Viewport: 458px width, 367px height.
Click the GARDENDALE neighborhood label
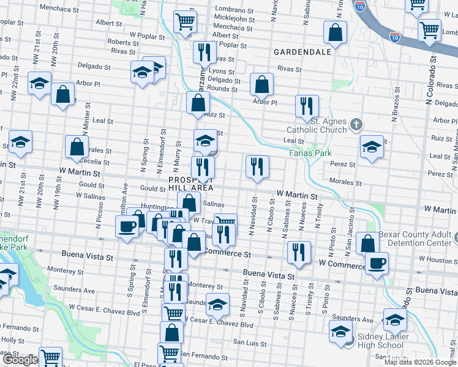[302, 52]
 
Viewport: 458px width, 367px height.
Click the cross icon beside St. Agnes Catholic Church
[357, 125]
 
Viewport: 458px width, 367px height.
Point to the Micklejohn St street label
[235, 19]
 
